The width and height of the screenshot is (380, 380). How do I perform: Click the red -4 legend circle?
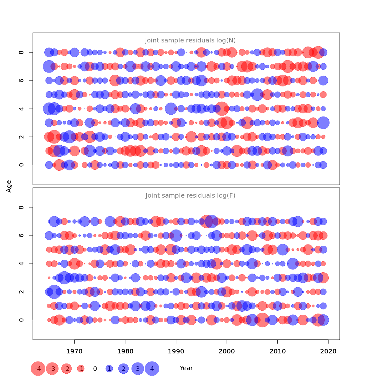(x=38, y=369)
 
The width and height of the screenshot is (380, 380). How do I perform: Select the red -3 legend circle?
(x=52, y=369)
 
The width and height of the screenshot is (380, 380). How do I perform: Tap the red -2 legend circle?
(x=66, y=369)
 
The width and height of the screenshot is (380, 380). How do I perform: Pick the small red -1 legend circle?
(x=81, y=369)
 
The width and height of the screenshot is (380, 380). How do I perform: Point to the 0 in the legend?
(x=95, y=369)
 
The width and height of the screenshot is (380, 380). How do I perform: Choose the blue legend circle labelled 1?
(x=109, y=369)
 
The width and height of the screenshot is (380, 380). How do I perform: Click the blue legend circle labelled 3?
(x=138, y=369)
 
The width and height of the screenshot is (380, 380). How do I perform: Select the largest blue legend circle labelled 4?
(x=152, y=369)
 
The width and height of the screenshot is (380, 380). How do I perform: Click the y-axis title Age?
(x=9, y=186)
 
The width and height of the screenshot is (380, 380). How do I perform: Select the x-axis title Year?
(x=186, y=368)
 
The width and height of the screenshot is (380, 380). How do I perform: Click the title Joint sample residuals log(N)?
(x=190, y=41)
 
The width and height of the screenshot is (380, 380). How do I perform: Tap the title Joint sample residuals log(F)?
(x=190, y=196)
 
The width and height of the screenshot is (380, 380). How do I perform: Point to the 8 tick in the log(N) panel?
(x=22, y=52)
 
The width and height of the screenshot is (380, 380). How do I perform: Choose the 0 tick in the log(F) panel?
(x=22, y=320)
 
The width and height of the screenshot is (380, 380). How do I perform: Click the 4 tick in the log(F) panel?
(x=22, y=263)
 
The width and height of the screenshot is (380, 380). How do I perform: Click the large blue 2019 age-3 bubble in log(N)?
(x=323, y=123)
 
